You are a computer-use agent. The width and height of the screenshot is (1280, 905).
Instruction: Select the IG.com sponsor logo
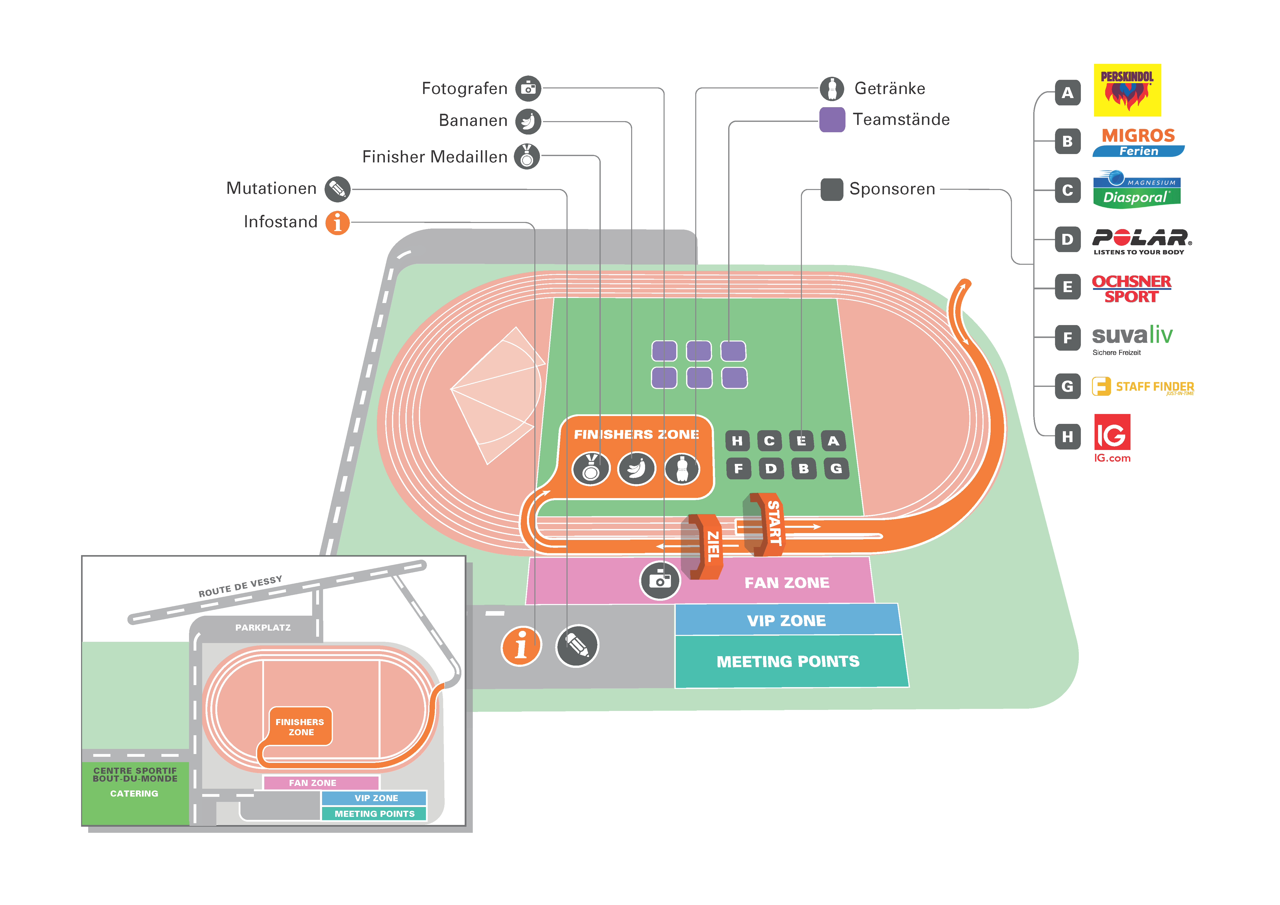[x=1112, y=438]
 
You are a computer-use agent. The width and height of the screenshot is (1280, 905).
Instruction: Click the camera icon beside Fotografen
[x=528, y=89]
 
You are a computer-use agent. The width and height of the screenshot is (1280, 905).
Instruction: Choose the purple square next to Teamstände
[x=832, y=120]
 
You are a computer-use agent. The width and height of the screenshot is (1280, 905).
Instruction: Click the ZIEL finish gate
[x=705, y=546]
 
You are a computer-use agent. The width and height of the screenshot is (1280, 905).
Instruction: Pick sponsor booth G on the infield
[x=836, y=468]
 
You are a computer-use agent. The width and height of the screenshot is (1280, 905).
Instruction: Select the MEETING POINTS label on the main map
[x=788, y=661]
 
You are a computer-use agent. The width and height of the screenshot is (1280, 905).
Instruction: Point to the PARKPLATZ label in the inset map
[x=262, y=627]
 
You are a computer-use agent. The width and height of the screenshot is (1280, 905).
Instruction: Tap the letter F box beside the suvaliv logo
[x=1067, y=338]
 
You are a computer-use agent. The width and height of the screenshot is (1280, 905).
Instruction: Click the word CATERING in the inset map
[x=134, y=794]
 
